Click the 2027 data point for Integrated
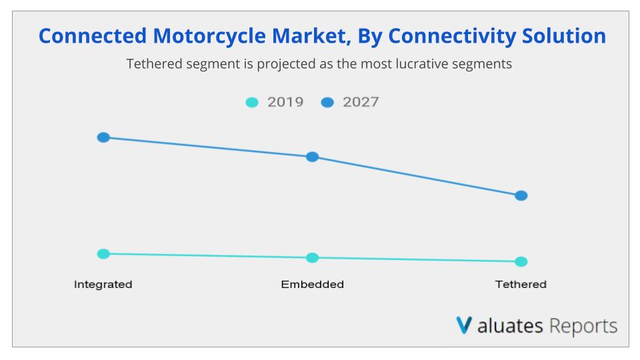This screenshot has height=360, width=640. click(x=103, y=137)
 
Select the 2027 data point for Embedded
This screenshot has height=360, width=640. click(x=312, y=157)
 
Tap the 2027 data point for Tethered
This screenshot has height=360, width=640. click(x=521, y=195)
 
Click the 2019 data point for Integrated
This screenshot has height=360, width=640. click(x=103, y=253)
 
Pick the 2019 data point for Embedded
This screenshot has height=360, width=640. click(x=312, y=257)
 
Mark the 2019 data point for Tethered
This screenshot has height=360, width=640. click(x=521, y=261)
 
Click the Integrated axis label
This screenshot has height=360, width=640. click(x=103, y=285)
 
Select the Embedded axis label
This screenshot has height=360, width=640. click(x=312, y=285)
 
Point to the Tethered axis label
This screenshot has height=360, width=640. click(x=521, y=285)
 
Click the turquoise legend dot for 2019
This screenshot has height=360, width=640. click(x=252, y=103)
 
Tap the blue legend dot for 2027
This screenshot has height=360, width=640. click(x=327, y=103)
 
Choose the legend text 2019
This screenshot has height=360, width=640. click(x=285, y=102)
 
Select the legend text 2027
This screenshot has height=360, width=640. click(x=361, y=102)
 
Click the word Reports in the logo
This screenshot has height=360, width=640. click(x=584, y=326)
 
